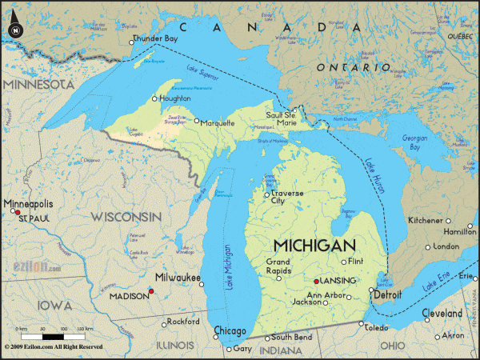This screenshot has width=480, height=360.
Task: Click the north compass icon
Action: [x=14, y=30]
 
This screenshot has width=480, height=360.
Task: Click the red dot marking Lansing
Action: [x=318, y=282]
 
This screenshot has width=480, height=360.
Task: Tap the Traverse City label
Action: [x=290, y=197]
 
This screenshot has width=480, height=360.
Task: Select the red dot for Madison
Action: [x=151, y=290]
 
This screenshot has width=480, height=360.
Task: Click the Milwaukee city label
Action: [x=178, y=278]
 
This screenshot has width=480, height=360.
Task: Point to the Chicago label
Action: [x=230, y=330]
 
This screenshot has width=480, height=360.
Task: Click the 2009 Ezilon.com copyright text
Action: [x=53, y=347]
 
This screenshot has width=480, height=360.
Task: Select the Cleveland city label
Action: [x=442, y=314]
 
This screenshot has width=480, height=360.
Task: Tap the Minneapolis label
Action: [x=28, y=204]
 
